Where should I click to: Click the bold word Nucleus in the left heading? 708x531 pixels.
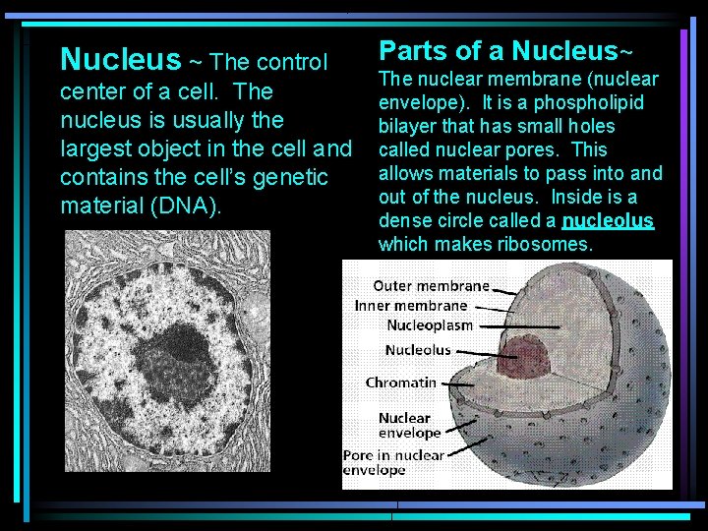(x=120, y=61)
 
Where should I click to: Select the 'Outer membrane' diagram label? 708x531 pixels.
(x=431, y=286)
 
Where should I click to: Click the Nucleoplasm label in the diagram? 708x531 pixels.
(x=430, y=324)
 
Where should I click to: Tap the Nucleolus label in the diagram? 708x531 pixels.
(x=418, y=350)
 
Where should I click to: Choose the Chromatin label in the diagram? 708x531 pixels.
(x=401, y=382)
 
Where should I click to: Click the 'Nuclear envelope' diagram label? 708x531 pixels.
(x=410, y=425)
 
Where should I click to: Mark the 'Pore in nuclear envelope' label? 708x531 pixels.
(x=393, y=462)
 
